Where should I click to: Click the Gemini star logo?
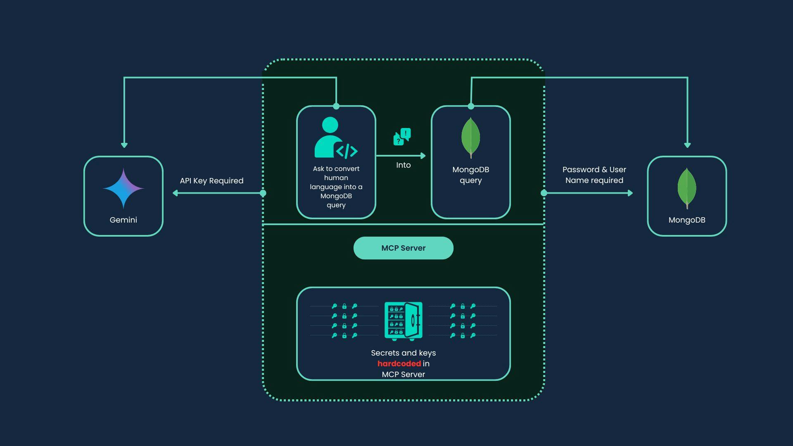pos(123,188)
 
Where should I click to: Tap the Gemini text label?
pos(123,220)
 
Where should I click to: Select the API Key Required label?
pos(211,180)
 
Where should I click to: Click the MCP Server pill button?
pos(403,248)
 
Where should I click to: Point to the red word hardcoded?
pos(399,363)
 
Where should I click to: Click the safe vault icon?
pos(403,321)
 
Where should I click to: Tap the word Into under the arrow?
pos(403,165)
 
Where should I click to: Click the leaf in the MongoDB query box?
pos(470,138)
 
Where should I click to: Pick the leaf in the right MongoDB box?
pos(686,188)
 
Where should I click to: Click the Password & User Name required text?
pos(594,175)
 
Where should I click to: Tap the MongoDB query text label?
pos(470,175)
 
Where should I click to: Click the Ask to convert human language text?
pos(336,187)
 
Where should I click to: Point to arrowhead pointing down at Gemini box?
pos(124,145)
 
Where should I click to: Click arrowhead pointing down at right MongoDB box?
pos(687,145)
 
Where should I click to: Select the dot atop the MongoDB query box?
pos(471,106)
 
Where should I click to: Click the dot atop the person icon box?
pos(336,106)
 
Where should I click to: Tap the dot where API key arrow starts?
pos(263,193)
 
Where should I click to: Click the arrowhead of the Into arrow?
pos(423,156)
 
